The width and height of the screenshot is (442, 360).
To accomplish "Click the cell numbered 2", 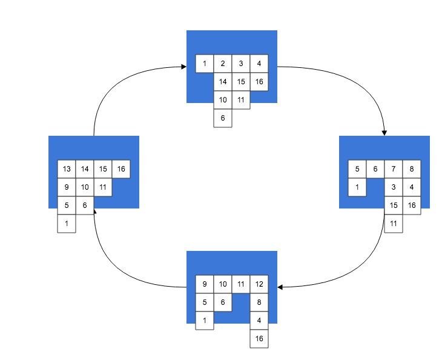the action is tap(223, 64).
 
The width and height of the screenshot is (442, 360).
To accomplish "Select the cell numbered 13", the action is tap(67, 169).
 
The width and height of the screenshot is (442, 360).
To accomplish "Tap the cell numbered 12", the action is tap(259, 284).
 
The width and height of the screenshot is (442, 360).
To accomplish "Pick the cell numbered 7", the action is tap(394, 169).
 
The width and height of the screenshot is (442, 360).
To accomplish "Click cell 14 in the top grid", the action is tap(223, 82).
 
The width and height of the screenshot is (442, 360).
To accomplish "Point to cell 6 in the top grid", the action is tap(223, 118).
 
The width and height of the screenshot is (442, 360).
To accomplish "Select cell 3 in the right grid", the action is tap(394, 187).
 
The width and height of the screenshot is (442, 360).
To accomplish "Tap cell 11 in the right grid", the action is tap(394, 224).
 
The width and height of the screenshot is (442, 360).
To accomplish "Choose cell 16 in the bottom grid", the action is tap(259, 339).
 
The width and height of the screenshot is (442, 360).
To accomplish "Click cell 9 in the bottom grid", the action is tap(205, 284).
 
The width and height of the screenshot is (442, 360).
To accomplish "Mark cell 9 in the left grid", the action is tap(67, 187).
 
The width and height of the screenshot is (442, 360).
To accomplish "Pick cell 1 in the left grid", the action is tap(67, 224).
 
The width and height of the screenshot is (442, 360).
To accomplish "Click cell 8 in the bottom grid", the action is tap(259, 302).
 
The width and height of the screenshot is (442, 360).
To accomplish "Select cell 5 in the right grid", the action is tap(357, 169).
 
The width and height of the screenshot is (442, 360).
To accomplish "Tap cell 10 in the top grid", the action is tap(223, 100).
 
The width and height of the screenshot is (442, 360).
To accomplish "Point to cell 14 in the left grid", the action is tap(85, 169).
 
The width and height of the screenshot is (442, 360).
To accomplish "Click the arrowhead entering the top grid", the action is tap(184, 67).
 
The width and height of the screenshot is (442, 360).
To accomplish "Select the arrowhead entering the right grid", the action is tap(384, 133).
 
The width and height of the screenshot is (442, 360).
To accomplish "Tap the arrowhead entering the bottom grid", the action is tap(280, 287).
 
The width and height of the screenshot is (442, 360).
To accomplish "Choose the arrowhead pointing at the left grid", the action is tap(95, 211).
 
